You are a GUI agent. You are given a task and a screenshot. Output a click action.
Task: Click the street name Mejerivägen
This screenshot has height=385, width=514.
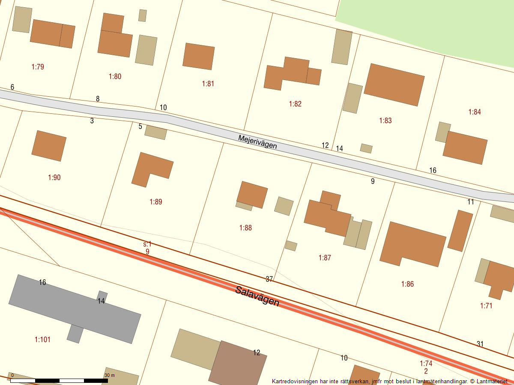pyautogui.click(x=257, y=142)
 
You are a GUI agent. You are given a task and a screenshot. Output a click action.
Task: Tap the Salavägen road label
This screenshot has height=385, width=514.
pyautogui.click(x=257, y=296)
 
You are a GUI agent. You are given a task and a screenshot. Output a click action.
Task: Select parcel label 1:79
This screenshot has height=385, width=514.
pyautogui.click(x=38, y=67)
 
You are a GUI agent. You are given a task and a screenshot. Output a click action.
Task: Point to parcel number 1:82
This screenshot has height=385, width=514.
pyautogui.click(x=295, y=104)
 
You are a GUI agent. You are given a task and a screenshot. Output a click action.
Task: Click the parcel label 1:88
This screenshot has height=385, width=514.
pyautogui.click(x=245, y=228)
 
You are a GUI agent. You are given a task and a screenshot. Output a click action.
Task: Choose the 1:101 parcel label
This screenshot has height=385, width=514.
pyautogui.click(x=42, y=340)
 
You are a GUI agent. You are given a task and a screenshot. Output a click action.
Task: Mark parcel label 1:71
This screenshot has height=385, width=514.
pyautogui.click(x=486, y=305)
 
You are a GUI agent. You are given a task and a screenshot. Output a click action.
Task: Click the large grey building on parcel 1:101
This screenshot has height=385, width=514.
pyautogui.click(x=75, y=309)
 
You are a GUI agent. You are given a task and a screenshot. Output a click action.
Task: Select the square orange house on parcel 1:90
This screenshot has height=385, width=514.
pyautogui.click(x=49, y=146)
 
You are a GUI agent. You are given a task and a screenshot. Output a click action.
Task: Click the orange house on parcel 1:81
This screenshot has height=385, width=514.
pyautogui.click(x=198, y=56)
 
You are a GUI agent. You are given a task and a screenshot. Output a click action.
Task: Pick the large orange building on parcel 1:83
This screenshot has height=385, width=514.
pyautogui.click(x=394, y=85)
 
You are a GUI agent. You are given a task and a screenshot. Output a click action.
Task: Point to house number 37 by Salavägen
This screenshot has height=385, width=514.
pyautogui.click(x=269, y=279)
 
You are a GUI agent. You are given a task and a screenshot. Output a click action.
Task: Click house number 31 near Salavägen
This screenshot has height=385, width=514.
pyautogui.click(x=480, y=344)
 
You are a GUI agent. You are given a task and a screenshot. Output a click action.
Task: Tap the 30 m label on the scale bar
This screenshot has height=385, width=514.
pyautogui.click(x=110, y=375)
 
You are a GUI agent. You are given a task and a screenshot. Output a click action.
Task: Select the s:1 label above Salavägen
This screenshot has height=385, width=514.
pyautogui.click(x=147, y=244)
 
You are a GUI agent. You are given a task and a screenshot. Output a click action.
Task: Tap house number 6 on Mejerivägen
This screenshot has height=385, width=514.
pyautogui.click(x=12, y=87)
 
